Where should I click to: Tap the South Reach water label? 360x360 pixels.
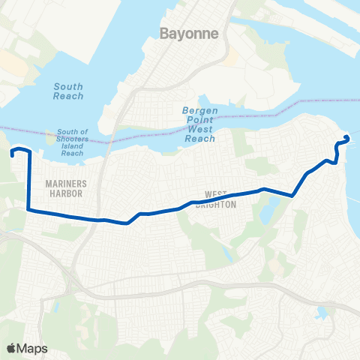(x=68, y=91)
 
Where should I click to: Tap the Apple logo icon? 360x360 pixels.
(x=11, y=348)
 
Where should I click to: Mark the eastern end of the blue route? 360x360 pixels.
(x=346, y=137)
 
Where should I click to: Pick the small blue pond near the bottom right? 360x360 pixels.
(x=323, y=311)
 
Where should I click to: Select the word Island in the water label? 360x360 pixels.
(x=72, y=145)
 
